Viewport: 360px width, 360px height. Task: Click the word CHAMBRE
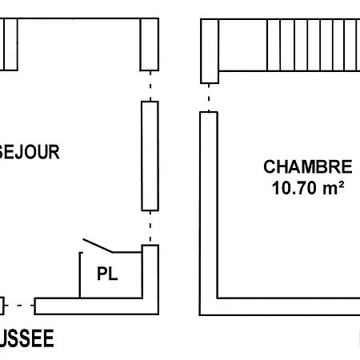[x=307, y=167]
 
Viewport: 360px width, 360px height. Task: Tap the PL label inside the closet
[x=107, y=274]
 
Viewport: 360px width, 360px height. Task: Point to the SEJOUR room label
[x=30, y=152]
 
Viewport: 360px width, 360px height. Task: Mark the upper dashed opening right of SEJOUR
[x=150, y=85]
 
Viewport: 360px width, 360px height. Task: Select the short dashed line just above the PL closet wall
[x=150, y=229]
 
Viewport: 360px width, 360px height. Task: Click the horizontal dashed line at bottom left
[x=22, y=305]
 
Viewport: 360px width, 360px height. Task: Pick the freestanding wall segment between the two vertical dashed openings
[x=150, y=155]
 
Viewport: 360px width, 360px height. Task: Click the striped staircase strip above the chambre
[x=288, y=45]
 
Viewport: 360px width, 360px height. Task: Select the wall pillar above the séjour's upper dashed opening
[x=150, y=45]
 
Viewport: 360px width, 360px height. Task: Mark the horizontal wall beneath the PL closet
[x=96, y=306]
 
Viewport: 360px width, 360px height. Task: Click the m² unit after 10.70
[x=335, y=190]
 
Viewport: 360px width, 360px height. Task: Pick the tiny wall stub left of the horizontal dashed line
[x=2, y=305]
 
